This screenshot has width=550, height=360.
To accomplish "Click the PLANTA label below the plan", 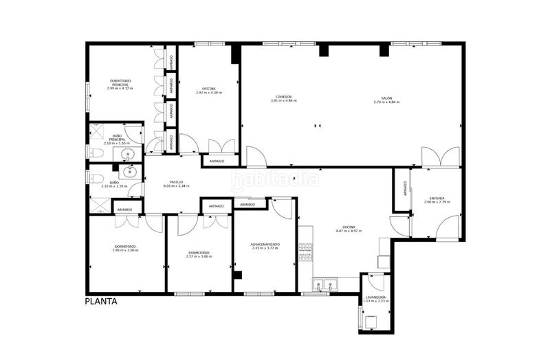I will pyautogui.click(x=100, y=301).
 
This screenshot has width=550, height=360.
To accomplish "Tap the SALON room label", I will pyautogui.click(x=387, y=99).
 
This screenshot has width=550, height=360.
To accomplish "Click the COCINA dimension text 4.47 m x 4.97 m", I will pyautogui.click(x=348, y=231).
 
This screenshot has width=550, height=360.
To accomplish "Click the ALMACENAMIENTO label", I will pyautogui.click(x=265, y=244).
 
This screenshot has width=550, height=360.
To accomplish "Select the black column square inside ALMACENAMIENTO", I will pyautogui.click(x=237, y=275).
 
